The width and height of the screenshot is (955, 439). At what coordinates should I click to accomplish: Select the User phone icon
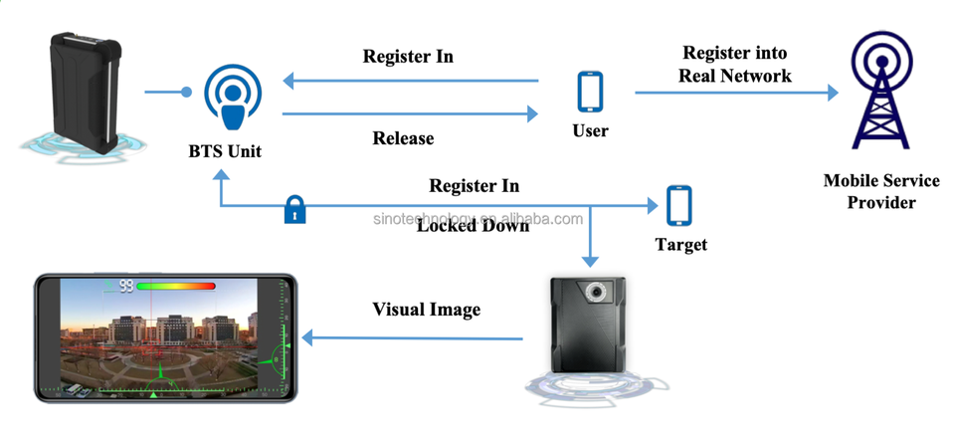pyautogui.click(x=591, y=92)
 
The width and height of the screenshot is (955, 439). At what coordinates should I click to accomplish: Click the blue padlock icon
pyautogui.click(x=294, y=209)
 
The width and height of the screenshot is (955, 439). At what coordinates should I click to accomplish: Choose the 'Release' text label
pyautogui.click(x=403, y=137)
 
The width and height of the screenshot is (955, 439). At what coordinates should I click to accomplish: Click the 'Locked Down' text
pyautogui.click(x=473, y=225)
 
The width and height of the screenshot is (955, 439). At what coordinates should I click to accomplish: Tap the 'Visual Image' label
pyautogui.click(x=426, y=310)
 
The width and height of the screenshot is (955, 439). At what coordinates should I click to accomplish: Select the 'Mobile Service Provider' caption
pyautogui.click(x=880, y=191)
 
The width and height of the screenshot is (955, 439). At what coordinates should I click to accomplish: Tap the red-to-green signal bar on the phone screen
pyautogui.click(x=177, y=286)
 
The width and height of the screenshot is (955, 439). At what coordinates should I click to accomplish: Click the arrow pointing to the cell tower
pyautogui.click(x=736, y=93)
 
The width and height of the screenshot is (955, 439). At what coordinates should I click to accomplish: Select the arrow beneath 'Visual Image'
pyautogui.click(x=413, y=338)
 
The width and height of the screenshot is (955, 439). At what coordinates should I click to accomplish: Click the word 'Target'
pyautogui.click(x=680, y=244)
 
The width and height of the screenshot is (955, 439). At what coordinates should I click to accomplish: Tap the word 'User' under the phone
pyautogui.click(x=590, y=130)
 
